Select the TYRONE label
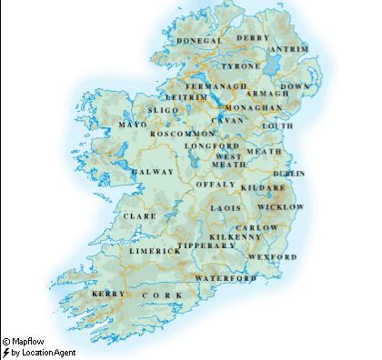pos(242,66)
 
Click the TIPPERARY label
pos(207,245)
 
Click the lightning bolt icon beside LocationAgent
pos(5,352)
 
